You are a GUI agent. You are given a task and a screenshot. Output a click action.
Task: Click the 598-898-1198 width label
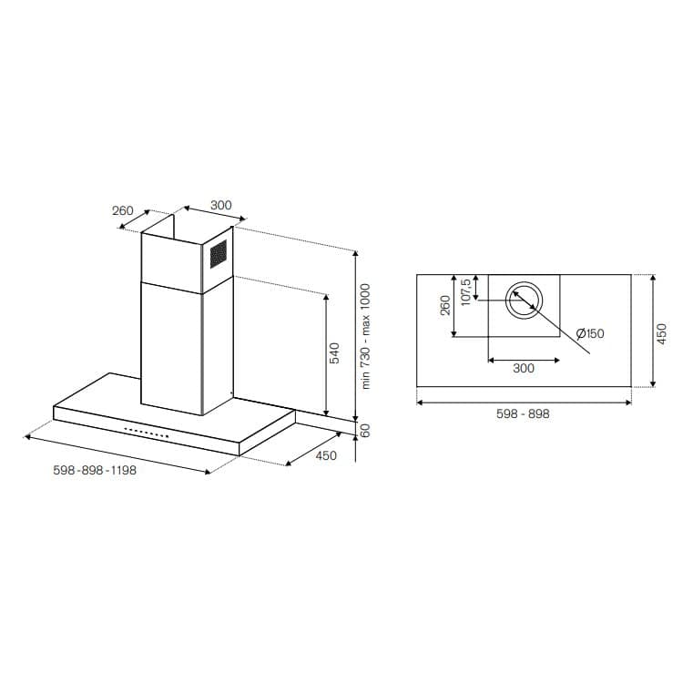point(95,472)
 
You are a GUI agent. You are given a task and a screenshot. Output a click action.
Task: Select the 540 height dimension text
point(334,353)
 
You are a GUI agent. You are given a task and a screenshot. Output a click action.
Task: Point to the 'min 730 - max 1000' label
point(366,336)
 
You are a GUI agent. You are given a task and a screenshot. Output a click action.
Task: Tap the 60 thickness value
point(366,431)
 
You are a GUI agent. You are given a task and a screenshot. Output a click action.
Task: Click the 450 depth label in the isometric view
point(325,456)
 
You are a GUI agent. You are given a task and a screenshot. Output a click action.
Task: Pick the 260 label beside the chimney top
point(123,210)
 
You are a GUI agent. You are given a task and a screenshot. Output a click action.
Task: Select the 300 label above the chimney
point(221,205)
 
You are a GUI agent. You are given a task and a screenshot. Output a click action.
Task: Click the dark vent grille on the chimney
point(218,254)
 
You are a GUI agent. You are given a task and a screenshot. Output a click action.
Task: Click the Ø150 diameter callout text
point(589,334)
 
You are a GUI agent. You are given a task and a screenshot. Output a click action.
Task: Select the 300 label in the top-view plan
point(524,369)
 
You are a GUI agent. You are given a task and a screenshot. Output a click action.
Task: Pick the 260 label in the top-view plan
point(445,305)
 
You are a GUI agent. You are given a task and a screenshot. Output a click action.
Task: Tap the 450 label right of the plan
point(662,332)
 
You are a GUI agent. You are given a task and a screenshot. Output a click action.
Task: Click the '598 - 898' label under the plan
point(523,413)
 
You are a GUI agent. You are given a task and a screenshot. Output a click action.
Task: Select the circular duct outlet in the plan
point(524,301)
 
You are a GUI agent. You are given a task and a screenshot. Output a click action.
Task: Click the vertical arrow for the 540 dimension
point(325,353)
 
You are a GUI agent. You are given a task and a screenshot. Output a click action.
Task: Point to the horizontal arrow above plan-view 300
point(524,360)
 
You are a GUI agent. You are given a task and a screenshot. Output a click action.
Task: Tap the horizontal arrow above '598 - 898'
point(524,401)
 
